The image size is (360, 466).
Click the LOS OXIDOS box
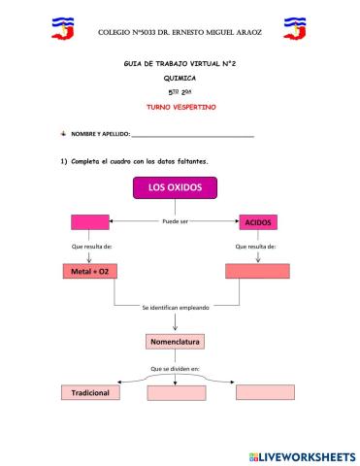175,188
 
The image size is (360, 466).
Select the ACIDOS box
259,222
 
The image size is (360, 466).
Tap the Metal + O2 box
90,271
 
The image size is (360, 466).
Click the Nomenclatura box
176,342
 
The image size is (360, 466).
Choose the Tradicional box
90,392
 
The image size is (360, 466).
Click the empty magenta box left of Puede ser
89,221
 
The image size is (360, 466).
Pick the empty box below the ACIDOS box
258,271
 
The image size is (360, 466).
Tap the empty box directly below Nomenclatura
176,393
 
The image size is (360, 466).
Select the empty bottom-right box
265,392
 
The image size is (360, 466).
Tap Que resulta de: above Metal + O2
90,247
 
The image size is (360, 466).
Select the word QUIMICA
179,76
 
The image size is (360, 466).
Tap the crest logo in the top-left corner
65,28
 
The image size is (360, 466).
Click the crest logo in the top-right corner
295,28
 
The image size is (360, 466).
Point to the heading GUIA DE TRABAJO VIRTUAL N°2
179,62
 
